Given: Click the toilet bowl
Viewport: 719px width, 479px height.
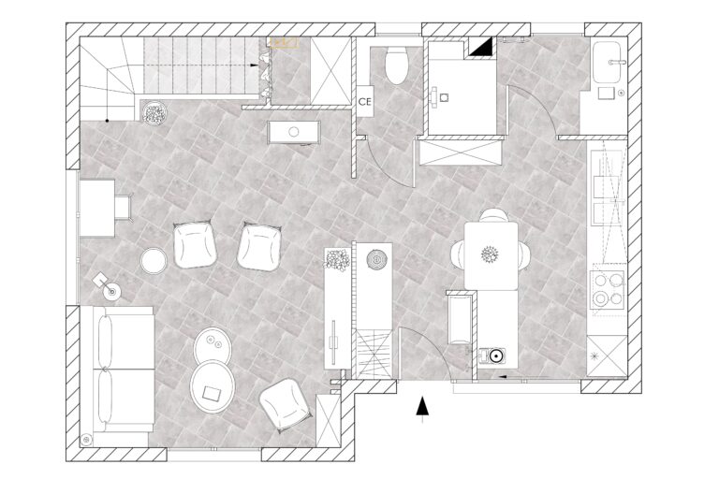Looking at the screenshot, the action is [x=396, y=65].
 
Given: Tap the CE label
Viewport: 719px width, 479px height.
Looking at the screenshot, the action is [x=364, y=102].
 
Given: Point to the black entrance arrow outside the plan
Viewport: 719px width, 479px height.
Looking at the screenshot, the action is [x=422, y=407].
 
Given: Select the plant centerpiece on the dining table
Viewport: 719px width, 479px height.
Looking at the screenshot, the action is [x=490, y=254].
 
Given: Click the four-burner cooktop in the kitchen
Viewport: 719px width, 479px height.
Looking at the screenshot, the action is [x=607, y=288].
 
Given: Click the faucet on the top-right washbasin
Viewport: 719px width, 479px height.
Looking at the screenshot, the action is [x=616, y=62].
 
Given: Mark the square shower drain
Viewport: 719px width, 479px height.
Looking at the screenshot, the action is [x=444, y=97].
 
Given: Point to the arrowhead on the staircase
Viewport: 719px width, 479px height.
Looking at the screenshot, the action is [x=254, y=65].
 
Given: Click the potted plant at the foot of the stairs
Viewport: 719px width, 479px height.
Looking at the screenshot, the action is [x=155, y=113].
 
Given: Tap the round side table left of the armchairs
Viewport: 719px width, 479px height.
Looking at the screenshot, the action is [x=154, y=261].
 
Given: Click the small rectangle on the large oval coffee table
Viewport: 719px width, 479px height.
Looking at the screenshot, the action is [x=212, y=393].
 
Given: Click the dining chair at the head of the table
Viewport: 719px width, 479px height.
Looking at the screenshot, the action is [x=493, y=215].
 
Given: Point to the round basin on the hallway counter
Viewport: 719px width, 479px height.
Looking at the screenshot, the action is [x=294, y=132].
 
